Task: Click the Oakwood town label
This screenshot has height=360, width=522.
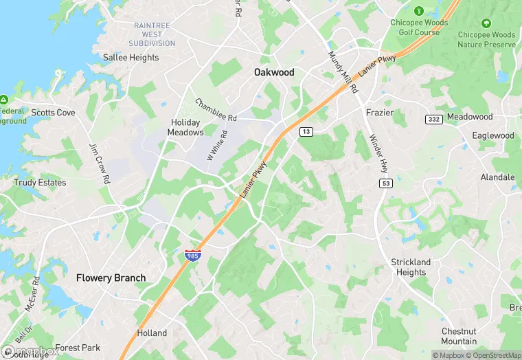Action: pyautogui.click(x=273, y=72)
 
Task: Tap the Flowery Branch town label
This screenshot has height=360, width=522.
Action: pyautogui.click(x=111, y=278)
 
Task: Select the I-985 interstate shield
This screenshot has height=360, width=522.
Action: pyautogui.click(x=191, y=256)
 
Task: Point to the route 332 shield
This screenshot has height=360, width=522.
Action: pyautogui.click(x=433, y=120)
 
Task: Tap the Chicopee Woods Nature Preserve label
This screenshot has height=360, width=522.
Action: pyautogui.click(x=486, y=40)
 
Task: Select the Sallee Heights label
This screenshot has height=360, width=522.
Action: pyautogui.click(x=130, y=58)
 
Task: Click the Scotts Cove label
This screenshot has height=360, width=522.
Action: pyautogui.click(x=53, y=113)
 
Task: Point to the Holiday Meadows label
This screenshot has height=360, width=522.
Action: pyautogui.click(x=186, y=127)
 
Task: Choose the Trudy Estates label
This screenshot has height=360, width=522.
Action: pyautogui.click(x=40, y=183)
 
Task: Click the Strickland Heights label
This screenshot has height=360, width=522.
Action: pyautogui.click(x=411, y=267)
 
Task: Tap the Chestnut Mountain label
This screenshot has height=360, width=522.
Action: pyautogui.click(x=459, y=337)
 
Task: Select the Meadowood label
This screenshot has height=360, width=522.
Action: pyautogui.click(x=470, y=117)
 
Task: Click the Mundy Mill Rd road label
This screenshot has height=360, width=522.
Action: pyautogui.click(x=343, y=73)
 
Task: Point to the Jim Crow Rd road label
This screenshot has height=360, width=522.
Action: pyautogui.click(x=100, y=164)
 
